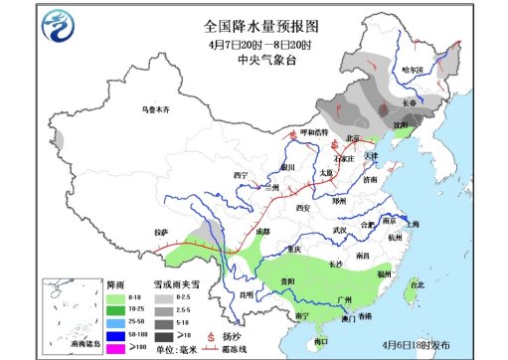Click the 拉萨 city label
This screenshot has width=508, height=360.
pos(161,232)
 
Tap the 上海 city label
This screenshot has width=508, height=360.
pos(413,225)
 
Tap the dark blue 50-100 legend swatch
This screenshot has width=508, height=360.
pos(112,334)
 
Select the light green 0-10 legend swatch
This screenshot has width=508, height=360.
pos(112,297)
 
